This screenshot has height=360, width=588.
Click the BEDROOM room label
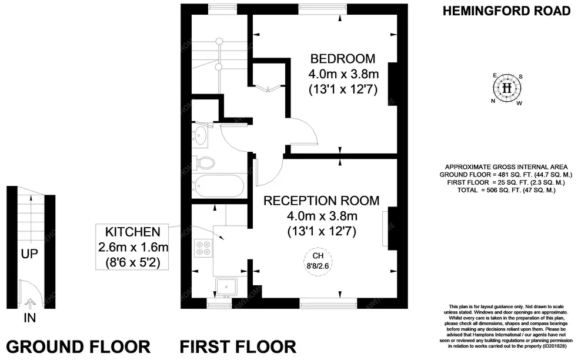click(343, 59)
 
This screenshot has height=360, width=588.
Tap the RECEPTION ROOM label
click(321, 201)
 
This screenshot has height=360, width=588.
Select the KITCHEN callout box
click(132, 247)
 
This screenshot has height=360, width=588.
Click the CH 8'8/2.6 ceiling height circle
click(318, 260)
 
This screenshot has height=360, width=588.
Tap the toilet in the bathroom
click(203, 162)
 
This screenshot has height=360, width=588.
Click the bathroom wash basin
click(201, 135)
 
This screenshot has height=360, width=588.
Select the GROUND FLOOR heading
click(78, 346)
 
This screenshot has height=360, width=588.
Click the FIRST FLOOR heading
click(238, 346)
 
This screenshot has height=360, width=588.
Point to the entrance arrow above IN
click(31, 304)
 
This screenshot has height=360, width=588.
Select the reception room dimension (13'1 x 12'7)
click(321, 231)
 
